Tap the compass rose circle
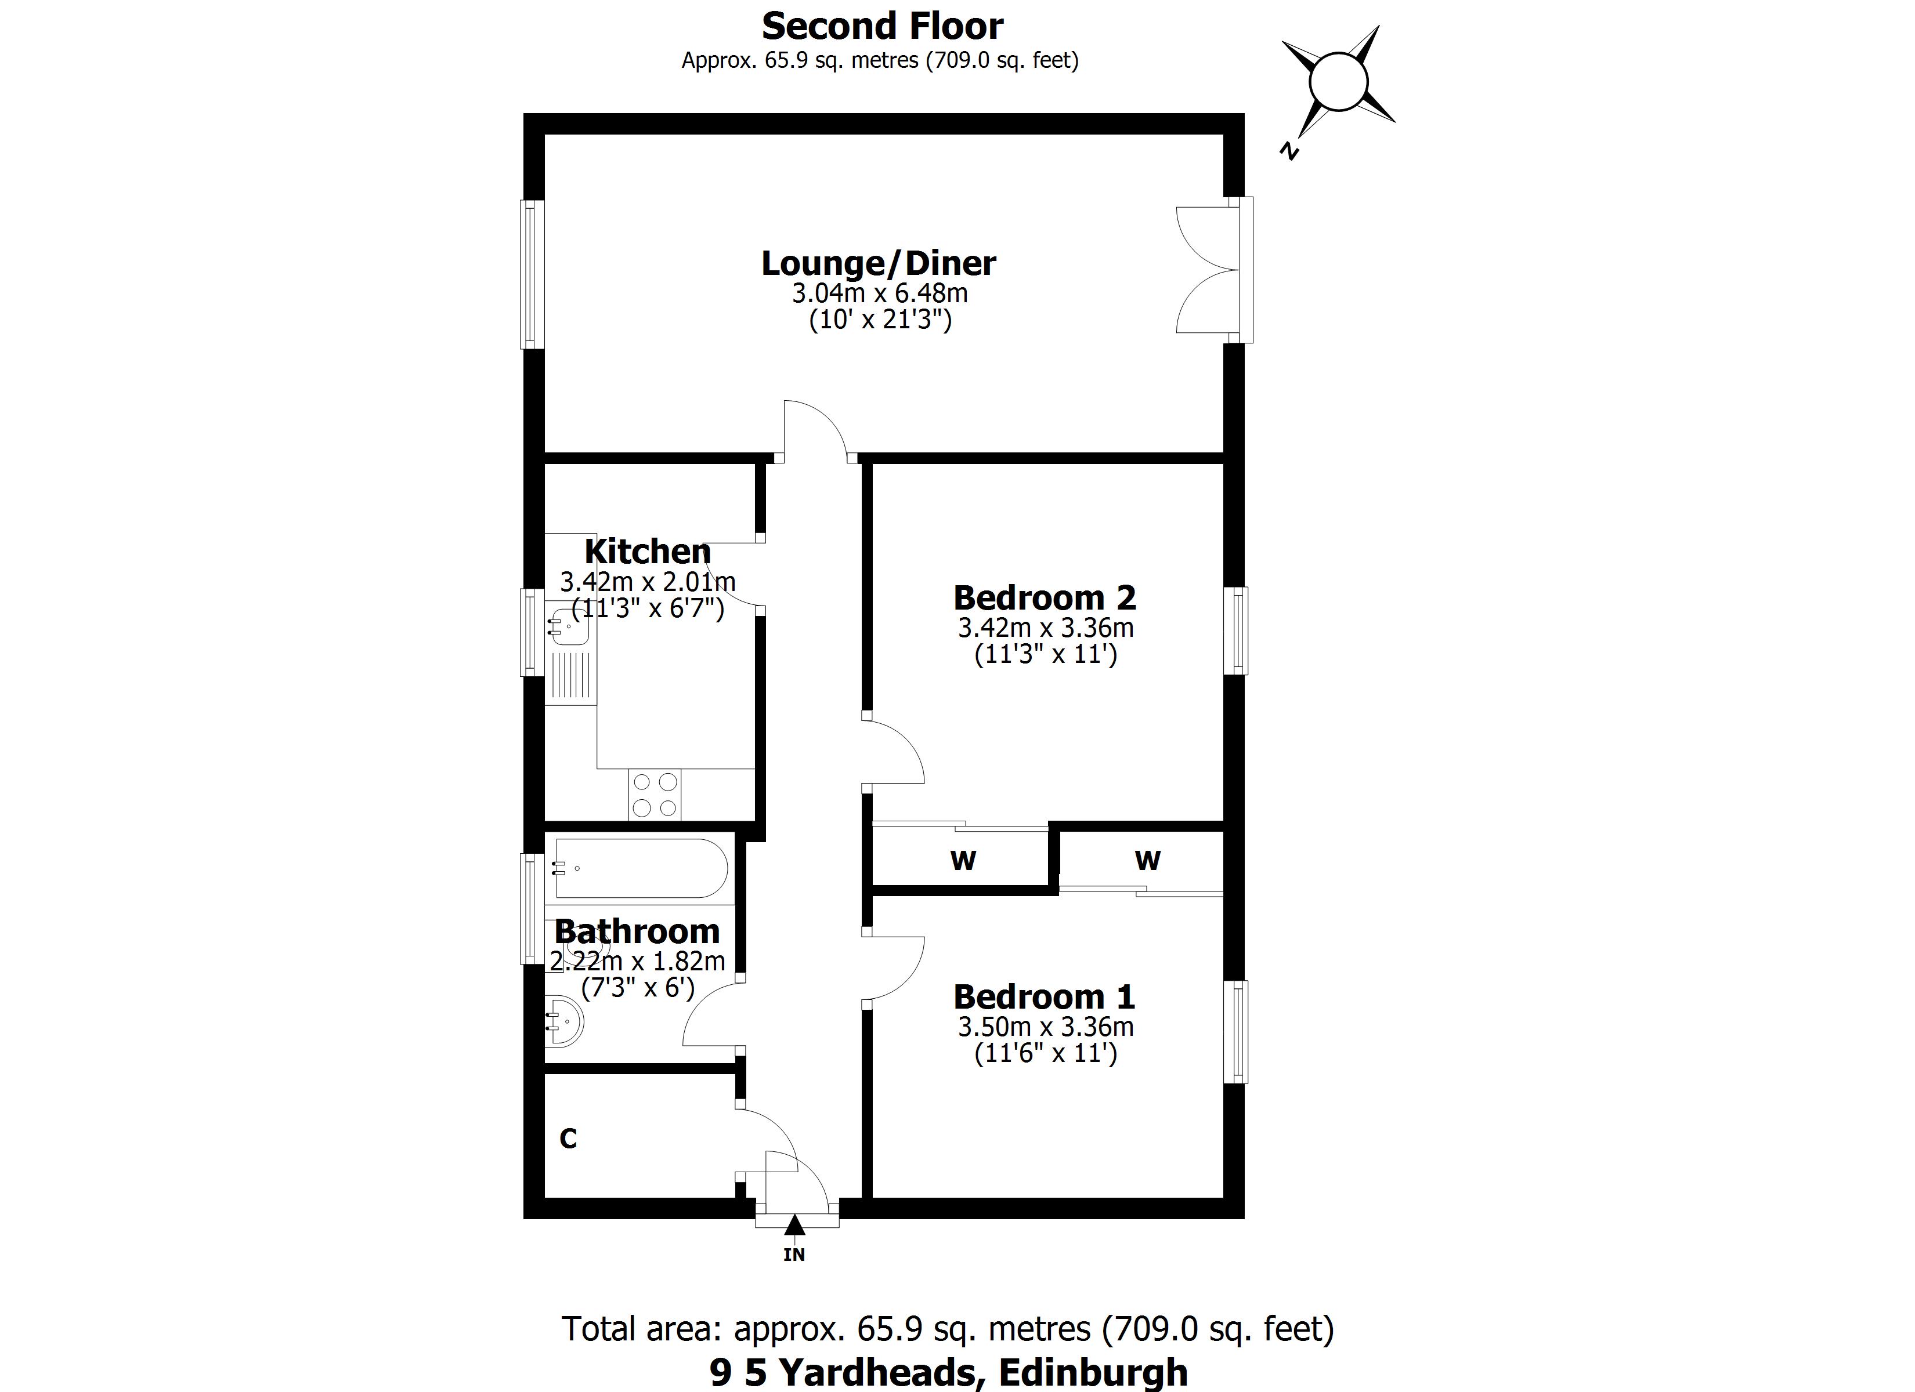tap(1338, 82)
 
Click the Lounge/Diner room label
tap(878, 263)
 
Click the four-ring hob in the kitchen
tap(655, 795)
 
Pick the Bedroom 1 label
tap(1045, 997)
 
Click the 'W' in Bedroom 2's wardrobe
tap(963, 861)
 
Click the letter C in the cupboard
tap(568, 1139)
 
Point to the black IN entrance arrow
tap(794, 1225)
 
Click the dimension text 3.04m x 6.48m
tap(879, 293)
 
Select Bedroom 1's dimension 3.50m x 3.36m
tap(1045, 1027)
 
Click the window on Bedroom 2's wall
tap(1238, 630)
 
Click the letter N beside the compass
tap(1288, 151)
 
